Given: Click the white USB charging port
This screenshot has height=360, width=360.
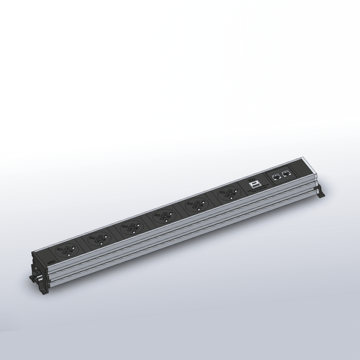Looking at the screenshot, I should pyautogui.click(x=254, y=184).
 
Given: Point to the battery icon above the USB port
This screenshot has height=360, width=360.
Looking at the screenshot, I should pyautogui.click(x=252, y=179).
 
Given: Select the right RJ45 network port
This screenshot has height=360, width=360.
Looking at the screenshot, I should pyautogui.click(x=286, y=173).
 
